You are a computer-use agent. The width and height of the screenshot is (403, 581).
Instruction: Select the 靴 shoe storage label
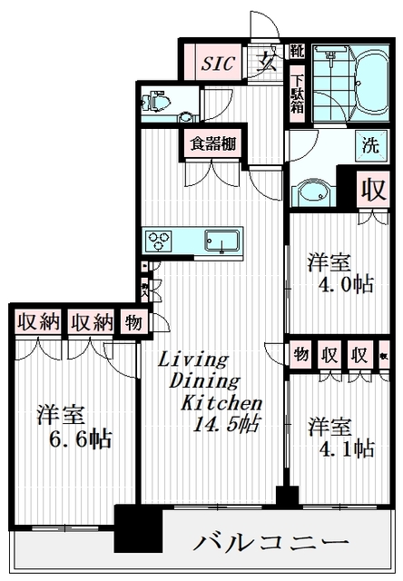(x=298, y=52)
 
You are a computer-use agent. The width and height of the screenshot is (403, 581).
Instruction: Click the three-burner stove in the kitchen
(x=161, y=241)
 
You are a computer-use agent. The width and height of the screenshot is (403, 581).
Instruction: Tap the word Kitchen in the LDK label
(x=221, y=402)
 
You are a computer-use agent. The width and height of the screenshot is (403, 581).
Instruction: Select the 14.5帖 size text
(x=221, y=423)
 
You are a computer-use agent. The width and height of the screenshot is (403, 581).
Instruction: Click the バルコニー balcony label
(x=271, y=543)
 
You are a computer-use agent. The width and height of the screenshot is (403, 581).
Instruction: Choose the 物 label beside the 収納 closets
(x=133, y=322)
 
